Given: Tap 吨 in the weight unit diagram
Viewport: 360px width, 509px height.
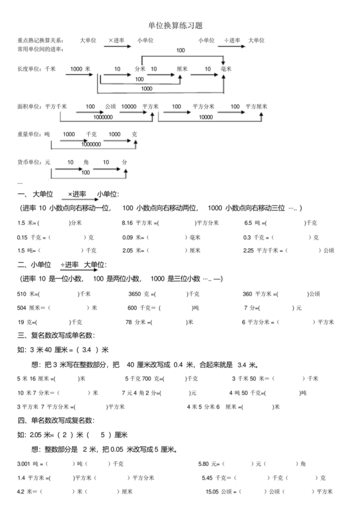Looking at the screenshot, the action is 47,135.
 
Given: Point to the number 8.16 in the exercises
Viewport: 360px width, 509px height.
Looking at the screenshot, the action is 127,224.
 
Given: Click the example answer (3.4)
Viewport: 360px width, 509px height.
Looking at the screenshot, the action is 87,350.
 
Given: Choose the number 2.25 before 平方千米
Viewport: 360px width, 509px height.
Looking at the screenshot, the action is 250,251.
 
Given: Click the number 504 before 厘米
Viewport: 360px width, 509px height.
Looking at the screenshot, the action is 22,308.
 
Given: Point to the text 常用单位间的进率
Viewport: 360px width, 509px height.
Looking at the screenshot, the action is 39,48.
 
